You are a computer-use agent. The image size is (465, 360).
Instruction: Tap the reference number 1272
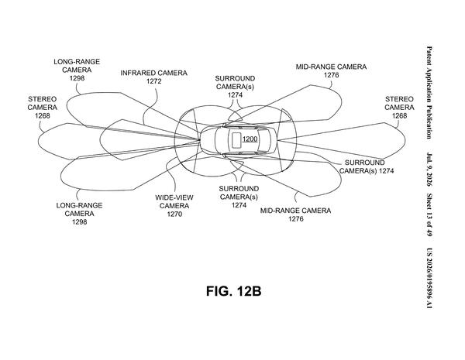[x=154, y=81]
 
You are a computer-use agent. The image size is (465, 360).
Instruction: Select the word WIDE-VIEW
[x=174, y=197]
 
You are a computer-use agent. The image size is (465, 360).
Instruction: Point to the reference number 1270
[x=174, y=214]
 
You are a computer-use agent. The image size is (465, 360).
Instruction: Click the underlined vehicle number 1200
[x=250, y=139]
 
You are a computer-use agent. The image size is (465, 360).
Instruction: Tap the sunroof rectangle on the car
[x=236, y=140]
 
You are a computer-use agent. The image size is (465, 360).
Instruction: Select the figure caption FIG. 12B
[x=234, y=291]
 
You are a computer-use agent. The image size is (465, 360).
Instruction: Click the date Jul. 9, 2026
[x=429, y=170]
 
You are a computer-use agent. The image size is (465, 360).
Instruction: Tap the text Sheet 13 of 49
[x=429, y=214]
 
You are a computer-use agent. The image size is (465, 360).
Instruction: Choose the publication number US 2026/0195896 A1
[x=429, y=278]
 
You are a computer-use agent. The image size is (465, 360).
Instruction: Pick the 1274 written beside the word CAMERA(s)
[x=386, y=170]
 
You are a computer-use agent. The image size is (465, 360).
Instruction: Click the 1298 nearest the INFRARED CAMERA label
[x=77, y=78]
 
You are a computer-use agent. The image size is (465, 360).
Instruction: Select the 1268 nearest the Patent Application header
[x=399, y=115]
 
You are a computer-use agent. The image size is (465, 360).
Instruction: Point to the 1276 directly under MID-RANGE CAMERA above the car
[x=331, y=75]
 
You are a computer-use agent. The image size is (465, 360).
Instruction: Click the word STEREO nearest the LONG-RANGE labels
[x=43, y=99]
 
